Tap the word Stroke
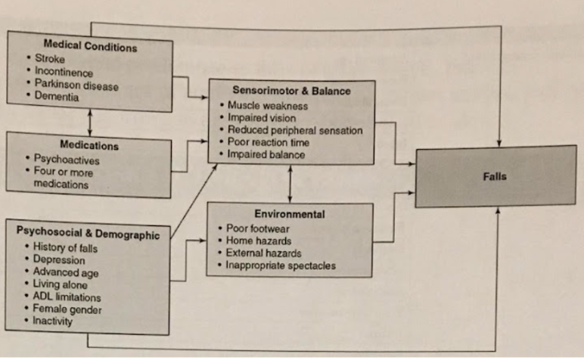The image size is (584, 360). click(50, 59)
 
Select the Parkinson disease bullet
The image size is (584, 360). click(76, 85)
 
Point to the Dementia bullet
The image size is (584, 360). click(56, 97)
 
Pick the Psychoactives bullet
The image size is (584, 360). click(66, 160)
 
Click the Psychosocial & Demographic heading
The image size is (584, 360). click(88, 234)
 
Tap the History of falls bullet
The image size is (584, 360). click(66, 248)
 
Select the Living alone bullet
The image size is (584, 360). click(60, 285)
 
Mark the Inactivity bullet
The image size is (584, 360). click(54, 321)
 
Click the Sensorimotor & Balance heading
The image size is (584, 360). click(291, 91)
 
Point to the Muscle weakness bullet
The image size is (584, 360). click(264, 106)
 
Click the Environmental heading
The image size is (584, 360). click(290, 214)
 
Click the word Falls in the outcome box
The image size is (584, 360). click(495, 176)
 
